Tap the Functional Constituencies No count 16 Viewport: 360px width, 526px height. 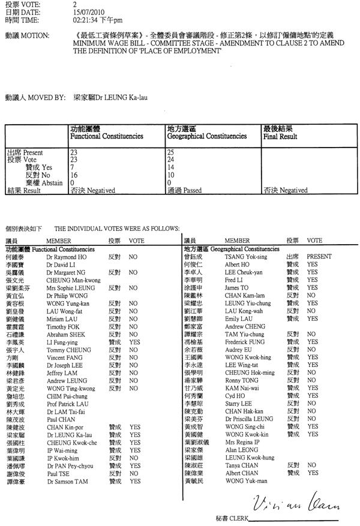74,175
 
